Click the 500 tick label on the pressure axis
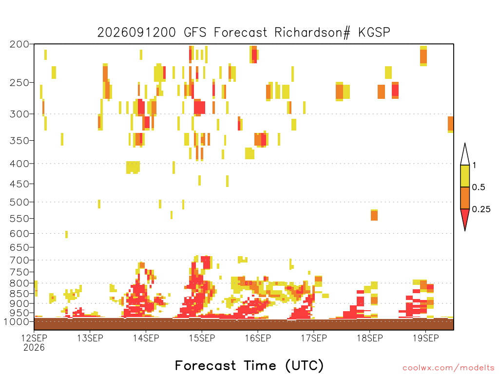click(19, 202)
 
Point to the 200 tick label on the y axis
click(19, 44)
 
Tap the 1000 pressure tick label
click(17, 322)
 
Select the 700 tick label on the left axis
click(19, 261)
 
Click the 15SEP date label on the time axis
click(202, 338)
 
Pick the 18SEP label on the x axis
click(370, 338)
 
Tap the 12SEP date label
click(34, 338)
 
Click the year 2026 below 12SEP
click(34, 348)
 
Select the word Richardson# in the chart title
click(312, 33)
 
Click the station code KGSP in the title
click(374, 33)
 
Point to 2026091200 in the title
click(136, 33)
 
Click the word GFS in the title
click(195, 33)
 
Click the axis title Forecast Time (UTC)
click(249, 366)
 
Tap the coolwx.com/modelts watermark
click(448, 368)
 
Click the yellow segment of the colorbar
click(465, 176)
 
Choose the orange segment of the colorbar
click(465, 198)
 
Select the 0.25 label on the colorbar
click(481, 209)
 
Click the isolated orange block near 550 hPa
click(374, 215)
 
